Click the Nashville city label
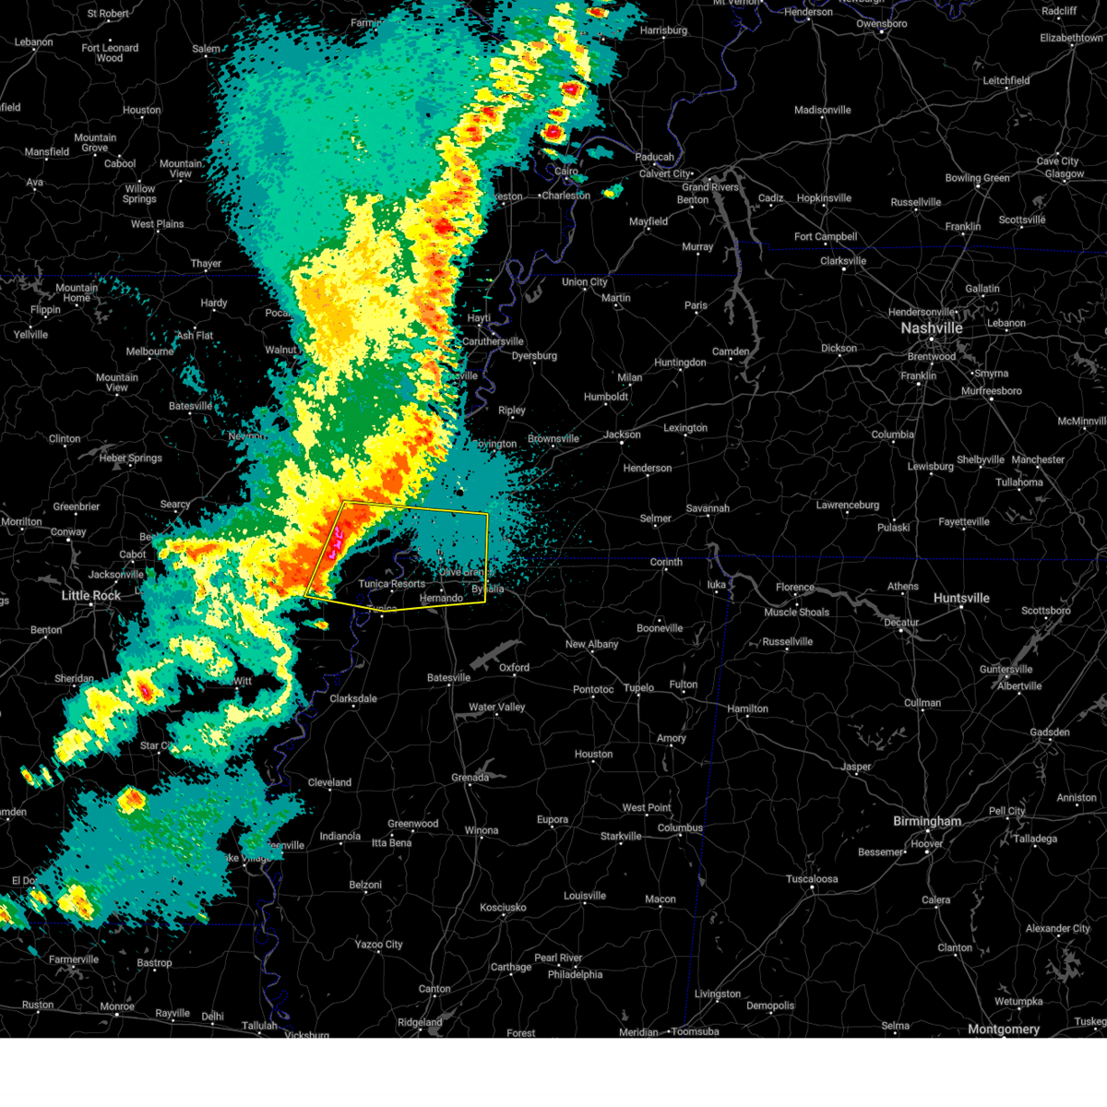(x=932, y=328)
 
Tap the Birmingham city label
(x=926, y=821)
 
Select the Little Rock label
(x=90, y=596)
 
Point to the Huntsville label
(x=961, y=599)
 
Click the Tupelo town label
(x=638, y=687)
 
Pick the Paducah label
(x=654, y=157)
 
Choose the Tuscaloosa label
(x=812, y=879)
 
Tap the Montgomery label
(x=1004, y=1029)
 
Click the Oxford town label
(x=515, y=667)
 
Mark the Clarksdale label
(x=353, y=698)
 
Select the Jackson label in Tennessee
(x=622, y=434)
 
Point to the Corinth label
(x=665, y=562)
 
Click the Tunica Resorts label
(x=392, y=584)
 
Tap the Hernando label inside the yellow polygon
(x=441, y=598)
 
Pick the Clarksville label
(x=842, y=261)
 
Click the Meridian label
(x=638, y=1032)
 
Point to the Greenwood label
(x=412, y=824)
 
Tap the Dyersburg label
(x=534, y=356)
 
